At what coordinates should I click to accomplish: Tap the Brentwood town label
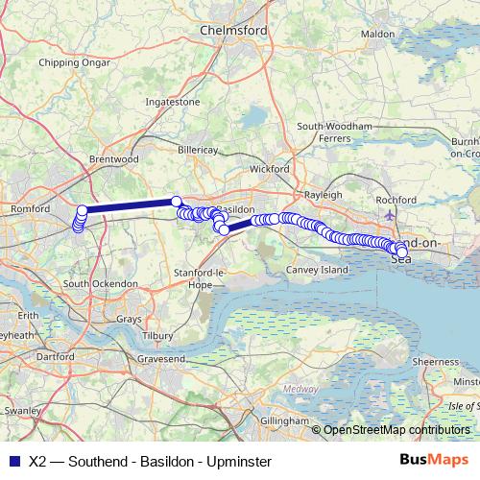(x=114, y=159)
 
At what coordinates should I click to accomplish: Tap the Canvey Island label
(x=318, y=271)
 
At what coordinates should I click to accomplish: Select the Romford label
(x=30, y=208)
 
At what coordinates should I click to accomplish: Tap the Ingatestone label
(x=172, y=101)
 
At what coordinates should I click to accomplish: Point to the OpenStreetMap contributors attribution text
(x=396, y=430)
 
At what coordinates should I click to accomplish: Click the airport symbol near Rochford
(x=386, y=214)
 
